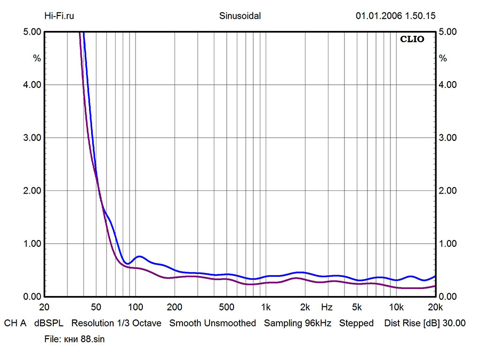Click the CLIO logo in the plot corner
[x=412, y=39]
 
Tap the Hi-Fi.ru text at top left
[x=59, y=16]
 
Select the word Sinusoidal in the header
[x=240, y=16]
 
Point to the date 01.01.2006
[x=380, y=16]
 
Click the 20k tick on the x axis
[x=435, y=307]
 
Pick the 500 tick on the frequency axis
[x=227, y=307]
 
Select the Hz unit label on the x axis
[x=327, y=307]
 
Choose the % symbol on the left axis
[x=37, y=59]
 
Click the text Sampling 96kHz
[x=298, y=323]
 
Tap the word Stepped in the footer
[x=356, y=323]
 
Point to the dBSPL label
[x=49, y=323]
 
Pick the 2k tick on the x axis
[x=305, y=307]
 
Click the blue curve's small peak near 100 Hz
[x=139, y=257]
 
